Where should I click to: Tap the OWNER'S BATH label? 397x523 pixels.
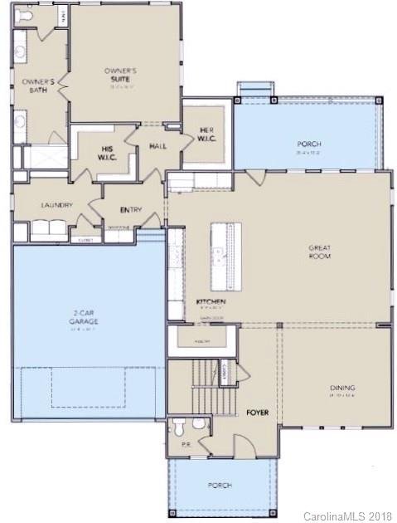(x=38, y=86)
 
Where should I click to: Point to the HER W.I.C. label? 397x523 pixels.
(x=206, y=134)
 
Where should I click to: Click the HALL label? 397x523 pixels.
(x=157, y=146)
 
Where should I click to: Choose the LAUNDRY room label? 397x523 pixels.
(x=56, y=205)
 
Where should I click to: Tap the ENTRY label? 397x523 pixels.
(x=131, y=209)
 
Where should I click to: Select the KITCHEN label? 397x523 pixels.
(x=211, y=301)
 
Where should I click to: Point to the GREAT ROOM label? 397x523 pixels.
(x=320, y=252)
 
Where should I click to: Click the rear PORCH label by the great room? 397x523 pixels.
(x=308, y=144)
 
